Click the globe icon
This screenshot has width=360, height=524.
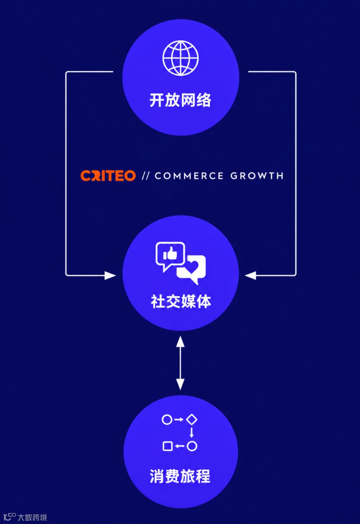pyautogui.click(x=180, y=58)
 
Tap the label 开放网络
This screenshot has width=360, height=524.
pyautogui.click(x=180, y=100)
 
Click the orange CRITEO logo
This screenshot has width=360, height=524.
pyautogui.click(x=108, y=175)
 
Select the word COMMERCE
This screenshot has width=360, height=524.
pyautogui.click(x=189, y=176)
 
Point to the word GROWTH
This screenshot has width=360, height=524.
pyautogui.click(x=257, y=176)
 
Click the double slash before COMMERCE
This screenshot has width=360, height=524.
pyautogui.click(x=145, y=176)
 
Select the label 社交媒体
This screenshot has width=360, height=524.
pyautogui.click(x=181, y=301)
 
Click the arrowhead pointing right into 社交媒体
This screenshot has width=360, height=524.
pyautogui.click(x=110, y=275)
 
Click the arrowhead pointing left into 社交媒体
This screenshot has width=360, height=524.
pyautogui.click(x=250, y=275)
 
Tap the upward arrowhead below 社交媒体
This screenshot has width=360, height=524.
pyautogui.click(x=180, y=341)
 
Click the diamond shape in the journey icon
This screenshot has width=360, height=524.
pyautogui.click(x=192, y=419)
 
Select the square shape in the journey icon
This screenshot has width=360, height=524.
pyautogui.click(x=168, y=446)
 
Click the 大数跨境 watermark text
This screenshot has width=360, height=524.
pyautogui.click(x=32, y=517)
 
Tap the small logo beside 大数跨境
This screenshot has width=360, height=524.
pyautogui.click(x=9, y=517)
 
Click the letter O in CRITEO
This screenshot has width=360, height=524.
pyautogui.click(x=130, y=176)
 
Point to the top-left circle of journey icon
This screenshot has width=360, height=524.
pyautogui.click(x=167, y=419)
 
